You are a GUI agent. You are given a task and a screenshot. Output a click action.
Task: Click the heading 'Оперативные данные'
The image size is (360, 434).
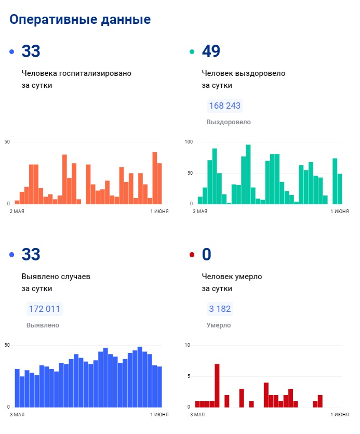[80, 20]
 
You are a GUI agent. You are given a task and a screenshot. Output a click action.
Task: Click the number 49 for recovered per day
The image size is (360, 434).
[211, 51]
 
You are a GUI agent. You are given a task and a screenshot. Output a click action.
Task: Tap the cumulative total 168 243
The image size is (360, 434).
[224, 106]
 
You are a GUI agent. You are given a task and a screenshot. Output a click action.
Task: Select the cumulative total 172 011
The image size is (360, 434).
[44, 309]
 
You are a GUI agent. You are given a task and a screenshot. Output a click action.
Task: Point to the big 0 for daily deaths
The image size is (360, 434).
[207, 255]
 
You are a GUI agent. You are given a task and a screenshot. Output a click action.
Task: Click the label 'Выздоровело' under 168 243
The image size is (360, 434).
[229, 122]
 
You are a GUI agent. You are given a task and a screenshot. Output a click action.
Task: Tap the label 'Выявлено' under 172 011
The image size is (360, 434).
[43, 325]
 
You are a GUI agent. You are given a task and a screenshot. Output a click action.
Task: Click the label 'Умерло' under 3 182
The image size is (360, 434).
[219, 325]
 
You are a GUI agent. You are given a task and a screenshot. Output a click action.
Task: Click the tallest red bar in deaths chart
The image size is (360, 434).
[217, 385]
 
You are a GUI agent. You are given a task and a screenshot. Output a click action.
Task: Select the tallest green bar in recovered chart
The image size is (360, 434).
[248, 174]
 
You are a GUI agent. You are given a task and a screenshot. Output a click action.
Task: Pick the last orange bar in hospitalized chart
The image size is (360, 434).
[159, 183]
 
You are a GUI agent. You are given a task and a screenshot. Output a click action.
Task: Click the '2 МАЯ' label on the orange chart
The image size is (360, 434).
[17, 212]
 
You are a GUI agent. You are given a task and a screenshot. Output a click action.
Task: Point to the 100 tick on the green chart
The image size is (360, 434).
[189, 142]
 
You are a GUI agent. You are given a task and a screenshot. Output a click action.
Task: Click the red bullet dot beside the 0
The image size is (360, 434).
[192, 255]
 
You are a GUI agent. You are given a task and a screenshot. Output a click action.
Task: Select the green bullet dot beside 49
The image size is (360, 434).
[192, 52]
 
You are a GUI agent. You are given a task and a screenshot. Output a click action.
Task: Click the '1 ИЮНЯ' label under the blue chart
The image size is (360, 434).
[159, 415]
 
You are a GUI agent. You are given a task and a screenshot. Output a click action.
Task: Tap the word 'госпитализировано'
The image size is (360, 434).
[95, 73]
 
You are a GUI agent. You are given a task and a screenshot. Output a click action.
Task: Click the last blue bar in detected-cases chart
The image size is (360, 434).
[159, 387]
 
